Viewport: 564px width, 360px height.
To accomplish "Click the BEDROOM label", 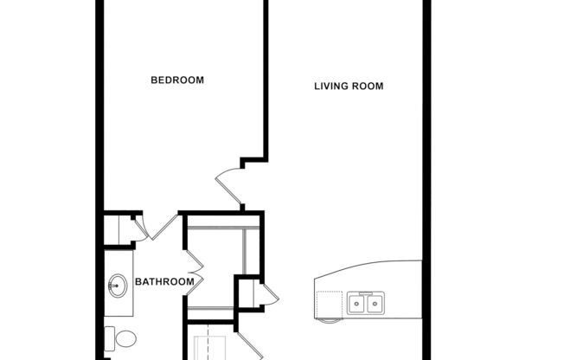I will tap(177, 80).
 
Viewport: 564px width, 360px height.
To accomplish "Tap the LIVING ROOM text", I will tap(349, 87).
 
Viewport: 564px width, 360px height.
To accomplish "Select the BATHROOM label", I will tap(163, 282).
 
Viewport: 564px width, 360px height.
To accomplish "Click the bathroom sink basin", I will tap(115, 284).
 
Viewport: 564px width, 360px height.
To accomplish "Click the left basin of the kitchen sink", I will tap(356, 303).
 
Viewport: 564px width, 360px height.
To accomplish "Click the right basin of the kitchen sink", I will tap(375, 303).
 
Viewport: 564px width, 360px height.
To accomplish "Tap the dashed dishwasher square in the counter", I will tap(330, 305).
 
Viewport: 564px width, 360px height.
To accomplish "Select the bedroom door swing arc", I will tap(227, 186).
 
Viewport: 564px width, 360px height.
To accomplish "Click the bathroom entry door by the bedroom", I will tap(159, 227).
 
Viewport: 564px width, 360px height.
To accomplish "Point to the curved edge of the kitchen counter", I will tap(372, 267).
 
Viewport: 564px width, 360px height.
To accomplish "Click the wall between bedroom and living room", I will tap(264, 78).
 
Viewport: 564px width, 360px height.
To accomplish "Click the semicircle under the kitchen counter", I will tap(329, 321).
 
